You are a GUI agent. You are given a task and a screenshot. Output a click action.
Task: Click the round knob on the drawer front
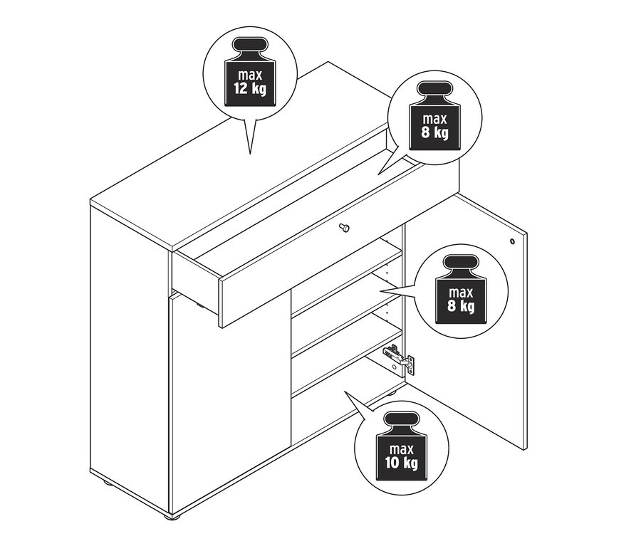345,227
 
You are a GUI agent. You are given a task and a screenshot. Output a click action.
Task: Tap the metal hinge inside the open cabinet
399,359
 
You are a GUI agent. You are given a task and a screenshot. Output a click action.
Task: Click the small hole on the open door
512,241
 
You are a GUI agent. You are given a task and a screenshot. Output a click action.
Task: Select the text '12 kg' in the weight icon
250,88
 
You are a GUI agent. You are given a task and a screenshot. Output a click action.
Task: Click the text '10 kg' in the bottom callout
402,462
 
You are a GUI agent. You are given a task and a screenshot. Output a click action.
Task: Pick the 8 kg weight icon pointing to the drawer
435,115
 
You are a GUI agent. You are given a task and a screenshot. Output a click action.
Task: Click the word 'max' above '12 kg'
250,75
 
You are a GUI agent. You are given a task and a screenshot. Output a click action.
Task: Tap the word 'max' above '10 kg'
402,448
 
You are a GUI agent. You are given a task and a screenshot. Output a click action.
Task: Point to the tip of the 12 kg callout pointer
250,154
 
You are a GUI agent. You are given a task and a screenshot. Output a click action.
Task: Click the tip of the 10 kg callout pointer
345,391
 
